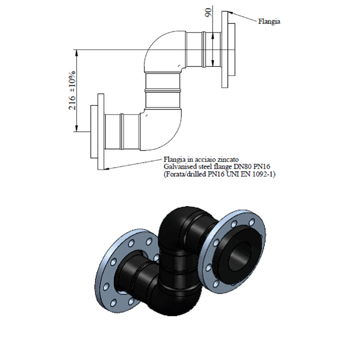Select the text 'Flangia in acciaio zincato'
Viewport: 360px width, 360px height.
(x=198, y=159)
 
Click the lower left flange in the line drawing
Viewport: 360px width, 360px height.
(x=94, y=130)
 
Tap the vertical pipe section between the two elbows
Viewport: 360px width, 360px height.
(x=163, y=90)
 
